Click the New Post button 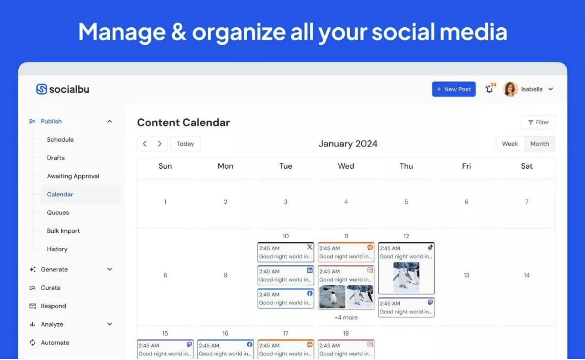click(454, 89)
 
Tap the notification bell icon click(489, 89)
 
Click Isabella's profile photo click(510, 89)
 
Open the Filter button click(538, 122)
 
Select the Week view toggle click(510, 144)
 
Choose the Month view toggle click(540, 144)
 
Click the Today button click(186, 144)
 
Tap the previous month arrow click(145, 144)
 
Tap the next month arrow click(160, 144)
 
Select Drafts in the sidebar click(55, 158)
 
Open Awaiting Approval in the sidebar click(73, 176)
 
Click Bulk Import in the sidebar click(64, 231)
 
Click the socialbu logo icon click(42, 89)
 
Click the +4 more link click(346, 318)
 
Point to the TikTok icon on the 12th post click(430, 247)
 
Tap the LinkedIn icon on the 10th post click(310, 270)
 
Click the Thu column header click(406, 166)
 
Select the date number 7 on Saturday click(527, 202)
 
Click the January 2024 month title click(348, 144)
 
